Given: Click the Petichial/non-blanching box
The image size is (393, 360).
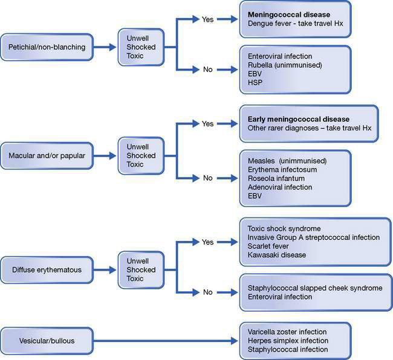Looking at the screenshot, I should pyautogui.click(x=47, y=47).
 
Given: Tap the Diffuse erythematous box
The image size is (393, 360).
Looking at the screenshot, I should pyautogui.click(x=47, y=270).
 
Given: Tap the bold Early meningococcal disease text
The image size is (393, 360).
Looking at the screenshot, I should pyautogui.click(x=299, y=118).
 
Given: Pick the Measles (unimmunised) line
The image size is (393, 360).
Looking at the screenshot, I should pyautogui.click(x=287, y=161).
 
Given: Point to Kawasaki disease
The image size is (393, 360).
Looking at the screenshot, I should pyautogui.click(x=277, y=255).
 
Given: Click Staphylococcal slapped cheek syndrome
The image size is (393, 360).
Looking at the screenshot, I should pyautogui.click(x=315, y=288).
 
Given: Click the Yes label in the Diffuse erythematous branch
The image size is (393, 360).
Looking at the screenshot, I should pyautogui.click(x=208, y=243).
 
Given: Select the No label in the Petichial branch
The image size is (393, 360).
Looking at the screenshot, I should pyautogui.click(x=208, y=69).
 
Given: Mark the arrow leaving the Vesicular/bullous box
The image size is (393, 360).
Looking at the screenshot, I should pyautogui.click(x=163, y=340).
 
